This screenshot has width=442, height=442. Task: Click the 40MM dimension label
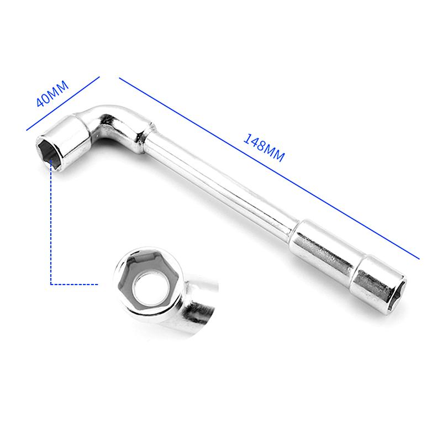pyautogui.click(x=52, y=93)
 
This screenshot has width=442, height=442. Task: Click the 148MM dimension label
pyautogui.click(x=264, y=148)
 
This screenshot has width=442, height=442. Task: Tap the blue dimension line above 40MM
pyautogui.click(x=63, y=103)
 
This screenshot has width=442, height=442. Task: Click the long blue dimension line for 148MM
pyautogui.click(x=269, y=169)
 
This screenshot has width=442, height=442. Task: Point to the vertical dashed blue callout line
pyautogui.click(x=51, y=222)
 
